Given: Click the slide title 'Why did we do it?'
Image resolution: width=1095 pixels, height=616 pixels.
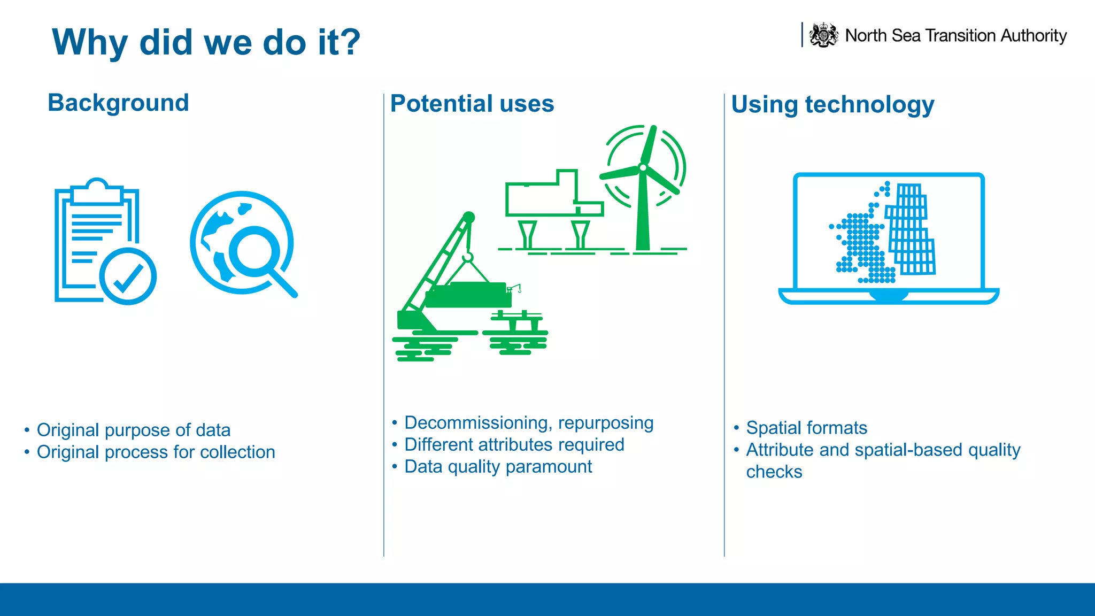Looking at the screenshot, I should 206,42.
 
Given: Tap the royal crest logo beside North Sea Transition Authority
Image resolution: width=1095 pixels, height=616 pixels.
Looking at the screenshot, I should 823,35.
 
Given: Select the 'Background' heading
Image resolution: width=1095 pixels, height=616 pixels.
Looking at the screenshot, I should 118,103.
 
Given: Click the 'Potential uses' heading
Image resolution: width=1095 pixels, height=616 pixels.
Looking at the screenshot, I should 472,104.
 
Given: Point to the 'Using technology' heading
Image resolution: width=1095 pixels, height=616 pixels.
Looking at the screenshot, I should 832,104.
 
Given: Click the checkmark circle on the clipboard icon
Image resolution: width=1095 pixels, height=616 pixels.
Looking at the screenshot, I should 128,276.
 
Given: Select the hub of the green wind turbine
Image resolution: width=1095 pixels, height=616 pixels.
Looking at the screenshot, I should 643,168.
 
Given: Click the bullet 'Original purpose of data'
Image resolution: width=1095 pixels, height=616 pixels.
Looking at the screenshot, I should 133,430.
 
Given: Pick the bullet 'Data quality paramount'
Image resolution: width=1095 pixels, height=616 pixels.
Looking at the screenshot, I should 498,467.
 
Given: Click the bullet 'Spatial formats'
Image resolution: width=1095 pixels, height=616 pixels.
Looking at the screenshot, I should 806,428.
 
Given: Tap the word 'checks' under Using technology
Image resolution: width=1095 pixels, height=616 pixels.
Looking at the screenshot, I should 774,472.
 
